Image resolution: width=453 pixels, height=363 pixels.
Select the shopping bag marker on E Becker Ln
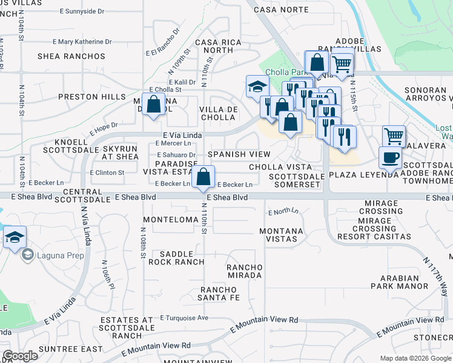(203, 177)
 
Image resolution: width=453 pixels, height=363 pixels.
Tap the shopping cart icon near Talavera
(394, 136)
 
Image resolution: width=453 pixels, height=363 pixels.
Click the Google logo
(20, 356)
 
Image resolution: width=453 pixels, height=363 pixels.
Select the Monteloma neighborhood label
(170, 220)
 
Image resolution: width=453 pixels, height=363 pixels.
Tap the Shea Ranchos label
(71, 56)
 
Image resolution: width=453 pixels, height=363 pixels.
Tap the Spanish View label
(239, 155)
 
